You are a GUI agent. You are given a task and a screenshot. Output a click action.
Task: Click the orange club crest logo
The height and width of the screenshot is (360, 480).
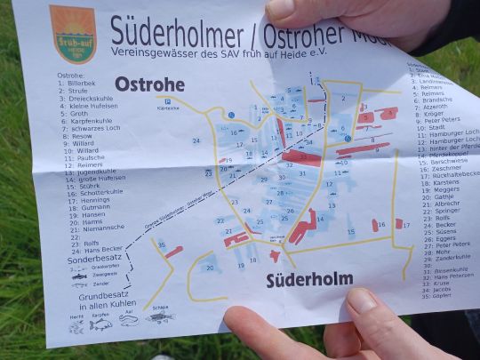point(73,34)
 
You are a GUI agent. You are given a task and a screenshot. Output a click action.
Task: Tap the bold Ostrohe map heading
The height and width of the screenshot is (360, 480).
point(149,85)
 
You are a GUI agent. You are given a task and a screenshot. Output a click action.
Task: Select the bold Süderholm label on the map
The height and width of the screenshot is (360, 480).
point(309,279)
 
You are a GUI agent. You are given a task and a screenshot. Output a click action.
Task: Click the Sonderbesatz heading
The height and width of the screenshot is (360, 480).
point(91,258)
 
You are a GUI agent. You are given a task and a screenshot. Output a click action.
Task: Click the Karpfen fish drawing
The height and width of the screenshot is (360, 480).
point(100,324)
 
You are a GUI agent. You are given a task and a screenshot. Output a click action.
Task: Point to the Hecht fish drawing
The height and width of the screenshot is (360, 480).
point(76,327)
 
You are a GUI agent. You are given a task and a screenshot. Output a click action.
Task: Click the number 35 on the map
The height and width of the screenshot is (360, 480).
point(161,244)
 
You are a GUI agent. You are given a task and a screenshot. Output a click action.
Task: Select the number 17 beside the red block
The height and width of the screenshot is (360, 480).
point(406,225)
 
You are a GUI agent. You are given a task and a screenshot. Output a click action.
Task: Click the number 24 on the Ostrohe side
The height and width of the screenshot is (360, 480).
point(196,140)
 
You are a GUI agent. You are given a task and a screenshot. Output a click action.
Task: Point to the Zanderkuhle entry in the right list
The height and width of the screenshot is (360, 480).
point(444,257)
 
